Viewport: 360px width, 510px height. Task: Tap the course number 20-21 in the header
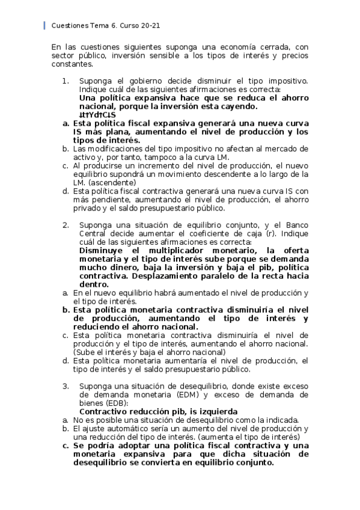(x=149, y=26)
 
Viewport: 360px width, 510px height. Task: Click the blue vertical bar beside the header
(x=45, y=26)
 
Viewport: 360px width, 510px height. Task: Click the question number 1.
(x=66, y=81)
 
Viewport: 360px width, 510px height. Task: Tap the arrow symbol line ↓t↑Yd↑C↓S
(x=97, y=114)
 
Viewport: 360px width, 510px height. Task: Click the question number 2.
(x=66, y=225)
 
